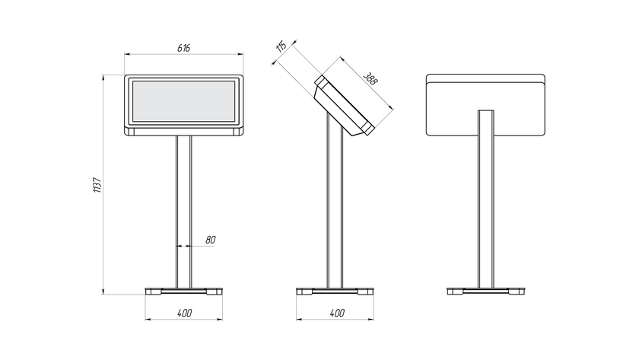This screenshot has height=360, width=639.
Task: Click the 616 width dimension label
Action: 184,48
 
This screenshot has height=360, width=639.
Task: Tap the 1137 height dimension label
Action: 97,185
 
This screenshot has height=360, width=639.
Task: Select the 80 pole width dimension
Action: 210,240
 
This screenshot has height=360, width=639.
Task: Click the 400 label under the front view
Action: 185,313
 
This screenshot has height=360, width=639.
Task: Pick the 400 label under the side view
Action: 337,313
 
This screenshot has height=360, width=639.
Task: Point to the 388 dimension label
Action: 370,78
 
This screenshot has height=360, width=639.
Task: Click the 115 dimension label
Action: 281,46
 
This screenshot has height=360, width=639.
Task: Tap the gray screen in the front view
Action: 184,101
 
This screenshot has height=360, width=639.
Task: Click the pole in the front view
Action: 183,212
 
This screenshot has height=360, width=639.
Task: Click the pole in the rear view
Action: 486,199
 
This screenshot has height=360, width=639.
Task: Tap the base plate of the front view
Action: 184,291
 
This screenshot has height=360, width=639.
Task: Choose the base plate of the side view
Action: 335,291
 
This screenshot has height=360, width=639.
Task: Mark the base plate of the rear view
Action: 486,291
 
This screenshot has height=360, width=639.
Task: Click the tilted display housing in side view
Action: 345,105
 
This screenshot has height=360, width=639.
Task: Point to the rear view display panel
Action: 485,105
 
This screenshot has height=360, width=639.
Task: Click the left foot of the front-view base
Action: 153,292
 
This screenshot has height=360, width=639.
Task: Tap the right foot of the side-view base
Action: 366,292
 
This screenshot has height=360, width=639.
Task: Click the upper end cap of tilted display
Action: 320,81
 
